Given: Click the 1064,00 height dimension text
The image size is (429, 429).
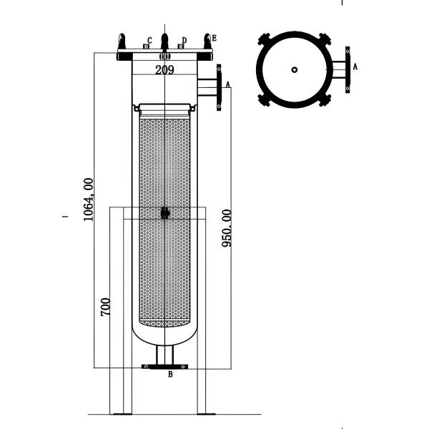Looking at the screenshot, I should tap(89, 199).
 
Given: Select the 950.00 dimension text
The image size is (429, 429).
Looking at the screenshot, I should tap(227, 228).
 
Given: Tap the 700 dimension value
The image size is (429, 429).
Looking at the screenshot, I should tap(106, 307).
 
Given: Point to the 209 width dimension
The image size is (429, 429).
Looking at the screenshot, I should tap(165, 69).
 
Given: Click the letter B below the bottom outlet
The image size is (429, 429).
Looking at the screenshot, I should tap(170, 374).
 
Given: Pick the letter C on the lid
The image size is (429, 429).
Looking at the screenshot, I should tap(149, 41).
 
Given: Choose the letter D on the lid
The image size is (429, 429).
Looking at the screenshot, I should tap(184, 41).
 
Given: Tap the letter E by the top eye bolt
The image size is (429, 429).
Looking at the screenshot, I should tap(214, 37).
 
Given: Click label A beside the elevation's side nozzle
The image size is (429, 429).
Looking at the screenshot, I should tap(228, 84).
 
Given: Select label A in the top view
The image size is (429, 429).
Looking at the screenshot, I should tap(355, 66).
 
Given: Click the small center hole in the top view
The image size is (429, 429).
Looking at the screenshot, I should tap(295, 69).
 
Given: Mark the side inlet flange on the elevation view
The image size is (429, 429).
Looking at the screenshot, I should tap(219, 88).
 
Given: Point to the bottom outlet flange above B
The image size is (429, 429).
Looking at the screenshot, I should tap(165, 366).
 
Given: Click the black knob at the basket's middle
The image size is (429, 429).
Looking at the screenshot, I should tap(165, 212).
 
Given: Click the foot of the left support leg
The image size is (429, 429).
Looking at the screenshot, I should tap(123, 413).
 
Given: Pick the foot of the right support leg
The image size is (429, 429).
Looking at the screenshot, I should tap(206, 413).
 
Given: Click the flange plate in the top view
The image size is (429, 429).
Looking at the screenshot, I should tap(347, 69).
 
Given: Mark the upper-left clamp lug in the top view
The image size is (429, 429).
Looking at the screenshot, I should tap(265, 39).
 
